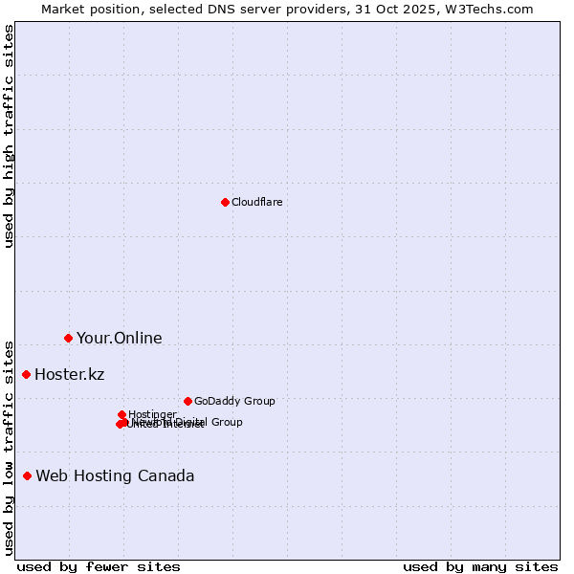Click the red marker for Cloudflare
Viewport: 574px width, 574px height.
[225, 202]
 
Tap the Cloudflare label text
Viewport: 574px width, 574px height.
[256, 202]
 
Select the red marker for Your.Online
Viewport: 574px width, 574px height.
[68, 338]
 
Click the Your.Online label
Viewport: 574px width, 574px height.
[119, 338]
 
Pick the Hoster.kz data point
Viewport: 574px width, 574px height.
[26, 374]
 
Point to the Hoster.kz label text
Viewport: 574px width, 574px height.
[69, 374]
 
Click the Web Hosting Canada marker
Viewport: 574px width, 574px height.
[27, 475]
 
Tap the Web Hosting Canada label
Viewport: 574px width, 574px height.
[115, 475]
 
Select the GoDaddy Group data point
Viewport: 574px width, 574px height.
[188, 401]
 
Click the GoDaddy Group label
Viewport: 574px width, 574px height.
[234, 401]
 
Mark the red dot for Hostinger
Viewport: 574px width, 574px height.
[121, 414]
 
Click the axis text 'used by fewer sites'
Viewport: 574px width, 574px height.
[98, 566]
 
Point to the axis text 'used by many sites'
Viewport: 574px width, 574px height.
[480, 566]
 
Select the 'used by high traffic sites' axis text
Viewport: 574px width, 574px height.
[9, 136]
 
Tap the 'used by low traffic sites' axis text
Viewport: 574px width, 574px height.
[9, 447]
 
